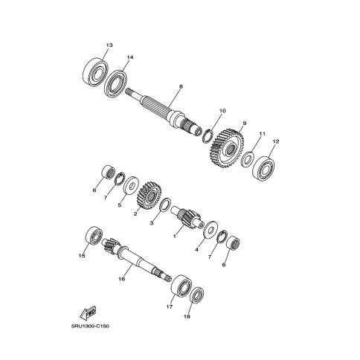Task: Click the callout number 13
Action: point(109,45)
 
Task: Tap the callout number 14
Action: point(130,57)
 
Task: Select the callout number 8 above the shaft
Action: point(181,86)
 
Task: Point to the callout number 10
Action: point(222,111)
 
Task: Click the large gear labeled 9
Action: point(227,148)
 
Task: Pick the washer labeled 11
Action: point(248,158)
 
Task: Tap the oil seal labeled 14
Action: point(115,83)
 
